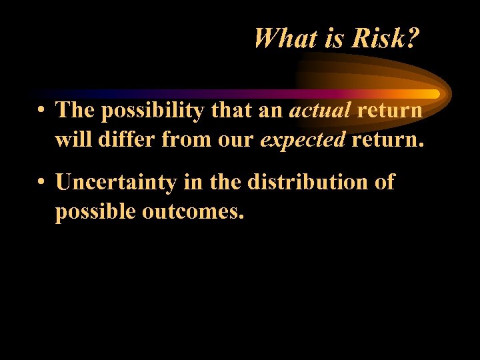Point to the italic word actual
click(x=320, y=111)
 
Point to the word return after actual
click(x=389, y=111)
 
